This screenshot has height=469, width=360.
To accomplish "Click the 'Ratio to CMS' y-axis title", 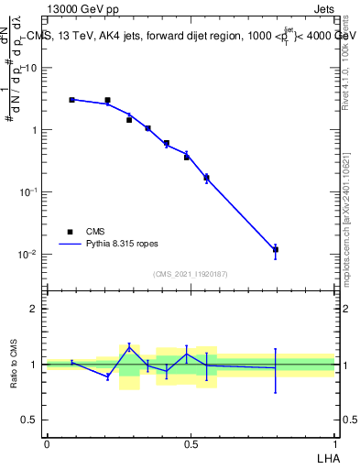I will click(x=14, y=365).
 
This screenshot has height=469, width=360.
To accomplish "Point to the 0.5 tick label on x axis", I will click(x=191, y=443).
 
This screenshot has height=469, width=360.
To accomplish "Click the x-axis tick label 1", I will click(x=334, y=443).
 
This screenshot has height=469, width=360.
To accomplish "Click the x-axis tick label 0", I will click(x=47, y=443).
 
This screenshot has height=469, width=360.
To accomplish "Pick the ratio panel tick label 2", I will click(x=36, y=309).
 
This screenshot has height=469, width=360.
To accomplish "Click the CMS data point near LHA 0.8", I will click(x=276, y=249).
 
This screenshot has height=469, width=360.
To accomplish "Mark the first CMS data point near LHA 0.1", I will click(x=72, y=100).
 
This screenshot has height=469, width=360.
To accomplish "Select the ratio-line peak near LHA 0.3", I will click(x=130, y=346).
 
